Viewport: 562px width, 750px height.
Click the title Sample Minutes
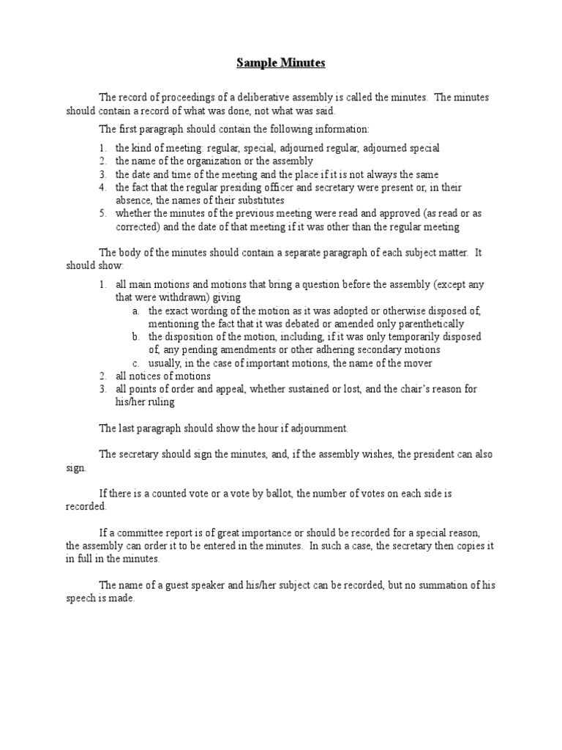click(280, 64)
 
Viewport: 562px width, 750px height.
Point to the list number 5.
click(102, 213)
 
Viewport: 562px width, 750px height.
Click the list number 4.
click(102, 187)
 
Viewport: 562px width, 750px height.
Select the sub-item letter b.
click(136, 336)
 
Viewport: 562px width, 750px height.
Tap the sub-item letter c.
click(136, 363)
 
